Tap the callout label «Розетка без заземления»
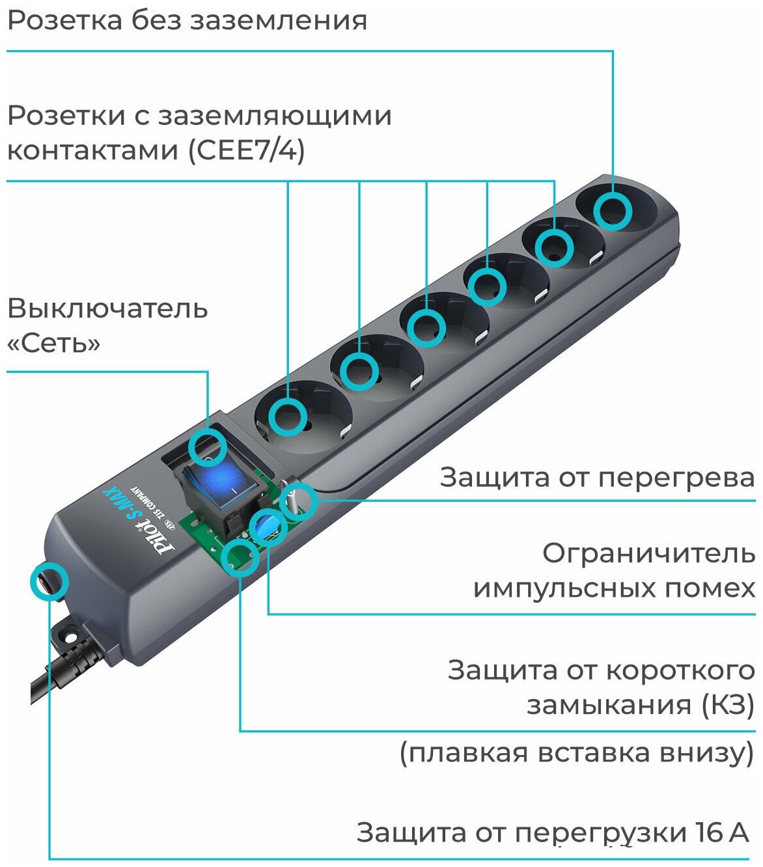[187, 20]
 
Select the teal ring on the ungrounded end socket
[613, 210]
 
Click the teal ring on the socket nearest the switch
[287, 417]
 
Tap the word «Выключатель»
[107, 308]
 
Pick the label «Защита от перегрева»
[597, 477]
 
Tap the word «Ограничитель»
[648, 553]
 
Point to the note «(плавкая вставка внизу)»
[577, 752]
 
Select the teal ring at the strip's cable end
[49, 581]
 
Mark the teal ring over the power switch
[208, 449]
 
